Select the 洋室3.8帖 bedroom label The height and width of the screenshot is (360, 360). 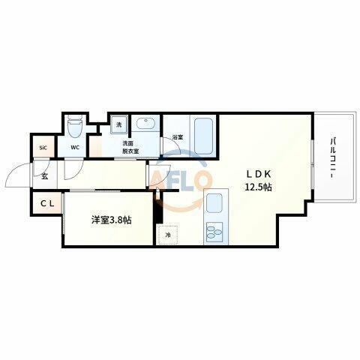112,220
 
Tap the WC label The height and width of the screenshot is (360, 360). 75,148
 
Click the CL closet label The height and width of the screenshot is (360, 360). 46,203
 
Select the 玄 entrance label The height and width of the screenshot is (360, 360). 44,177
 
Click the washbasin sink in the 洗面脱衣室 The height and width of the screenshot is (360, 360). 145,125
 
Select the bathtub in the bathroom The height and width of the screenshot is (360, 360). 203,136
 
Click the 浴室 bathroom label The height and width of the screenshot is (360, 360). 177,137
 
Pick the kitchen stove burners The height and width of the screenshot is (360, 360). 214,231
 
